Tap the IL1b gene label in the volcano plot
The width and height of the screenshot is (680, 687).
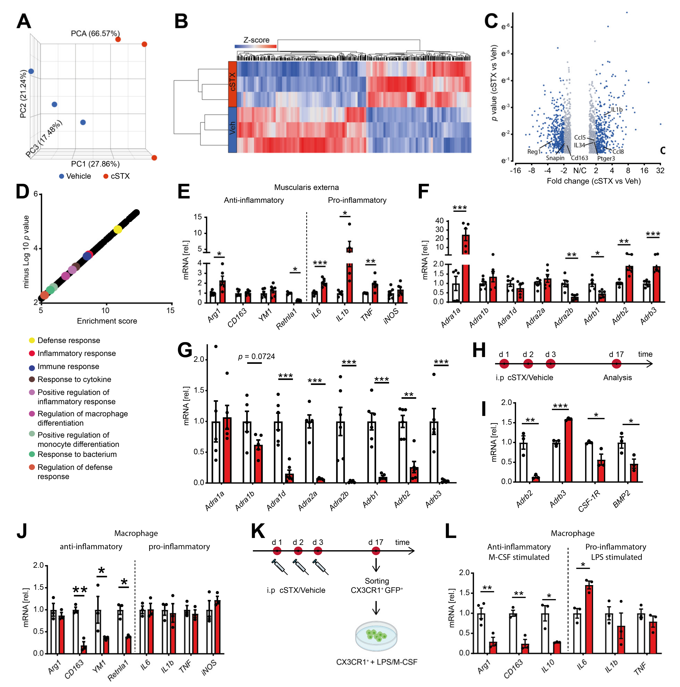(617, 109)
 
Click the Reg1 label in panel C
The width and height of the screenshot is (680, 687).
(533, 152)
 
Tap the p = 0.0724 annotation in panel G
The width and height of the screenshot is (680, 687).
(256, 356)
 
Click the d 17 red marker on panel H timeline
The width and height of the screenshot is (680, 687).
(616, 364)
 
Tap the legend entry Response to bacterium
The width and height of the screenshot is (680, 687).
(77, 455)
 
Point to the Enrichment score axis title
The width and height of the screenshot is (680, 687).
(107, 321)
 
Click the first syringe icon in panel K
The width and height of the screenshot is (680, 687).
(279, 566)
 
